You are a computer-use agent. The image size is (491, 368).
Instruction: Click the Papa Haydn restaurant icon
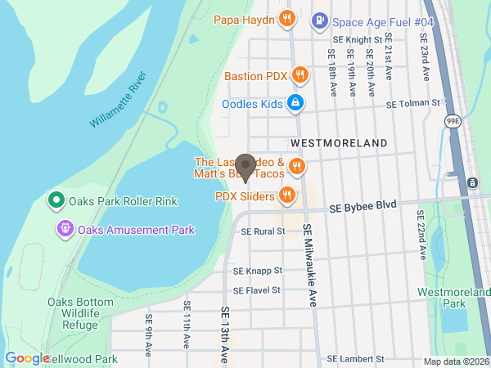tap(286, 19)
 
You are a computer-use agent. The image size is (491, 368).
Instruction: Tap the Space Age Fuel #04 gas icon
tap(320, 19)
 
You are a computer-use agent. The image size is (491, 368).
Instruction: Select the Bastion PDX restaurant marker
tap(300, 76)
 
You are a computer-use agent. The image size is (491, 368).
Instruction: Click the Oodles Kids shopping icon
tap(295, 104)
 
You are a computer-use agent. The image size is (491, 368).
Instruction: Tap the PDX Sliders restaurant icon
tap(286, 195)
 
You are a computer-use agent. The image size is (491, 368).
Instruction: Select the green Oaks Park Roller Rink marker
tap(56, 200)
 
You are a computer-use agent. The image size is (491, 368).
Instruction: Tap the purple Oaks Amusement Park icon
tap(65, 230)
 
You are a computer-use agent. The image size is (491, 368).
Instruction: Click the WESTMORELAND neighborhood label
tap(339, 143)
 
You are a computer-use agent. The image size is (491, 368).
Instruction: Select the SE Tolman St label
tap(412, 104)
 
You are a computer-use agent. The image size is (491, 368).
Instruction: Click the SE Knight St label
tap(357, 38)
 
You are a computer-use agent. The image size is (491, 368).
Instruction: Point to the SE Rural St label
tap(262, 231)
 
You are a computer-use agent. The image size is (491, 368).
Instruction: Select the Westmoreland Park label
tap(453, 298)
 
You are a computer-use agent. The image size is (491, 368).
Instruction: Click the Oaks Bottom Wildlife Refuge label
tap(79, 312)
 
